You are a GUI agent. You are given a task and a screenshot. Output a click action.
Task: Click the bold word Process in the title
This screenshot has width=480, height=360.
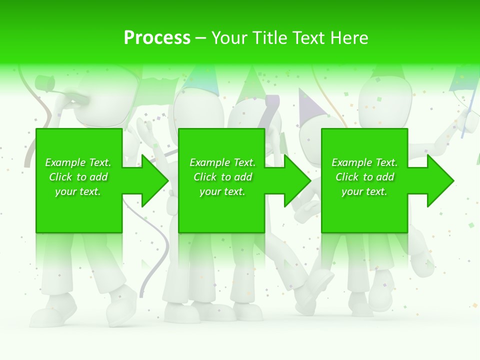tap(157, 37)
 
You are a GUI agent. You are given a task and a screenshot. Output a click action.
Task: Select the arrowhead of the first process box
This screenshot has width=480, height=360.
tap(152, 180)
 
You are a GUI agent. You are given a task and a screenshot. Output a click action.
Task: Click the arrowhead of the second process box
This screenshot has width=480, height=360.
tap(295, 180)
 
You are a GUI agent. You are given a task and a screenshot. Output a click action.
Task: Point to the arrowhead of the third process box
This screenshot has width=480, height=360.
tap(438, 180)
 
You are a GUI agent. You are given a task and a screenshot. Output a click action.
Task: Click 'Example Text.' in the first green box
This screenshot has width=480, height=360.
tap(78, 162)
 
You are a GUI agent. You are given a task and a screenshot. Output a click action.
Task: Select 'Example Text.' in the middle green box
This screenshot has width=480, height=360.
tap(222, 162)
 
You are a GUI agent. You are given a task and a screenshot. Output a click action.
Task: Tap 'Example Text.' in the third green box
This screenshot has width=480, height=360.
tap(364, 162)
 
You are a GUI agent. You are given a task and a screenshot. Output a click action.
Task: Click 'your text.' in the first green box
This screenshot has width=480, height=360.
tap(78, 191)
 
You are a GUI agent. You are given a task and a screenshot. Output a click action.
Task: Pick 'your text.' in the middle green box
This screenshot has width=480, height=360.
tap(222, 191)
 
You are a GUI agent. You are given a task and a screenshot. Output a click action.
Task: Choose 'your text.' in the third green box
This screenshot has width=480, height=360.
tap(364, 191)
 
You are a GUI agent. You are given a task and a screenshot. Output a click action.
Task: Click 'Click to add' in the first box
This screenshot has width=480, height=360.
tap(78, 177)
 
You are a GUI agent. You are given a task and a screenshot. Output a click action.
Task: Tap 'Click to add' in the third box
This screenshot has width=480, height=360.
tap(364, 177)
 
